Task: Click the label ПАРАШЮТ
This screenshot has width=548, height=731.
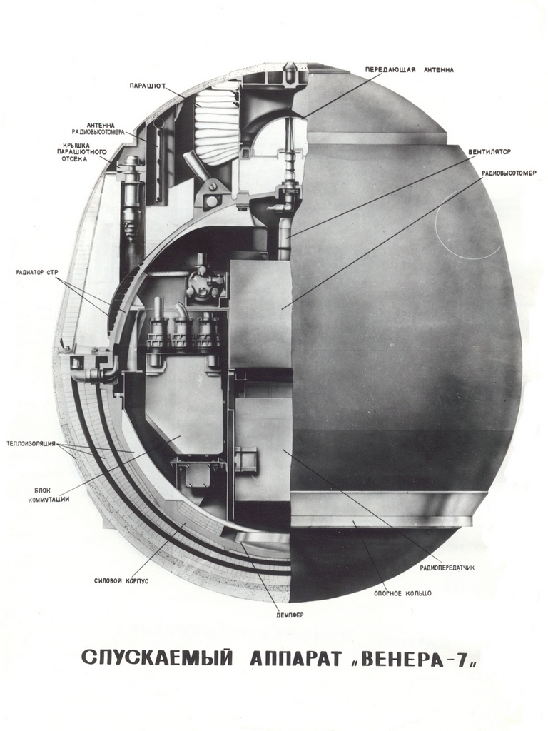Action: tap(148, 86)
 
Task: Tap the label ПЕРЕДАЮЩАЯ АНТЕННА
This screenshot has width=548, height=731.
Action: tap(409, 70)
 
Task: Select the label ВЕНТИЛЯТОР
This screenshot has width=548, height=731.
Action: tap(490, 152)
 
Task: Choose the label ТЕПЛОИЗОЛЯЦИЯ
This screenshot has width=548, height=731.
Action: tap(31, 443)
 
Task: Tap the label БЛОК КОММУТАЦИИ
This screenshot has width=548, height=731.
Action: tap(52, 495)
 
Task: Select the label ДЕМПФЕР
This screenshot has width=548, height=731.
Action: tap(290, 615)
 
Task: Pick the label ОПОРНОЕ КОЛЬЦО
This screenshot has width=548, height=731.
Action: tap(402, 593)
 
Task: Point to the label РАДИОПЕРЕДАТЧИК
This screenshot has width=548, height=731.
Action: tap(447, 568)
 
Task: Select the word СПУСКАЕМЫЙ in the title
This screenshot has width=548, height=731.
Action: tap(156, 658)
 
